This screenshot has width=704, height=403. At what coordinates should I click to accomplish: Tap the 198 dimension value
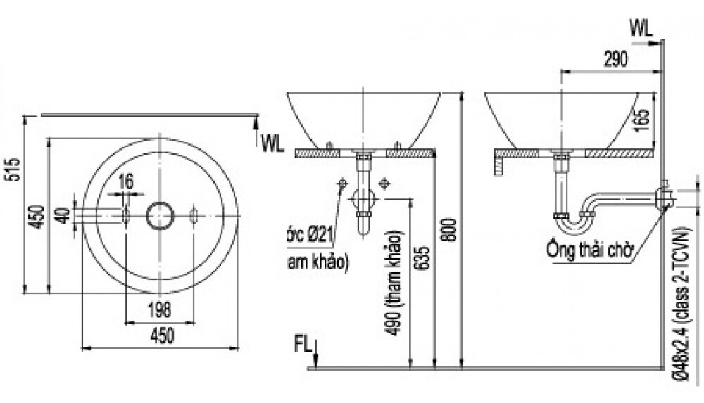point(161,307)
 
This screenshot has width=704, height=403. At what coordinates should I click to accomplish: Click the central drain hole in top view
point(159,215)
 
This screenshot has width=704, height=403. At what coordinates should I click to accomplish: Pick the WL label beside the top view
point(271,144)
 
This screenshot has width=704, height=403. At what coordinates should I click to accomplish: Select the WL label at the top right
point(641,27)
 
